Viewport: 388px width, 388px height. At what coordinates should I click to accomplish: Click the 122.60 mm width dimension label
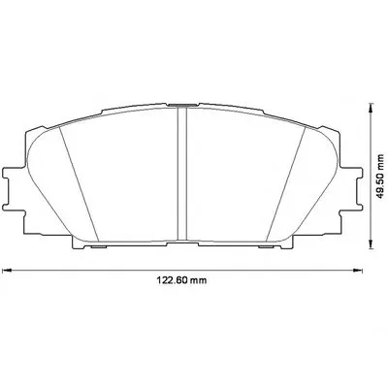(x=181, y=280)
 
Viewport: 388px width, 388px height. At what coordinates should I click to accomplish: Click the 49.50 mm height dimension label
(x=381, y=176)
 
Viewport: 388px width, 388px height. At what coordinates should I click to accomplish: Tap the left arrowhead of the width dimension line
(x=7, y=270)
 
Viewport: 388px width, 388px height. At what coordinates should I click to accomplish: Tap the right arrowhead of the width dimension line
(x=358, y=270)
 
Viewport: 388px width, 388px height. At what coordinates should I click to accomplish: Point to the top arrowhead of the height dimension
(x=372, y=108)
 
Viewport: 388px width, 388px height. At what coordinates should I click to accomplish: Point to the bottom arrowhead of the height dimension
(x=372, y=244)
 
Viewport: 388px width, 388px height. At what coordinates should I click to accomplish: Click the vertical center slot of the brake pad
(x=182, y=174)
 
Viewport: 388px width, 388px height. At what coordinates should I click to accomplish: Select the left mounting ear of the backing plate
(x=13, y=188)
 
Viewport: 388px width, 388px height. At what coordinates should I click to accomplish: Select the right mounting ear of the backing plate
(x=351, y=188)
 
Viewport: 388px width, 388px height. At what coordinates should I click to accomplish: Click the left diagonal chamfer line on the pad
(x=79, y=183)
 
